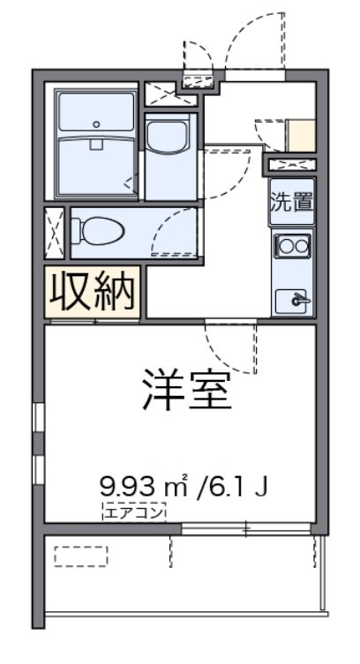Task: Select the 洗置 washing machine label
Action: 291,201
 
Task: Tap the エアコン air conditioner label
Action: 133,509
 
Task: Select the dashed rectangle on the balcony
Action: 80,556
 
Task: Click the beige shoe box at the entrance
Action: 302,134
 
